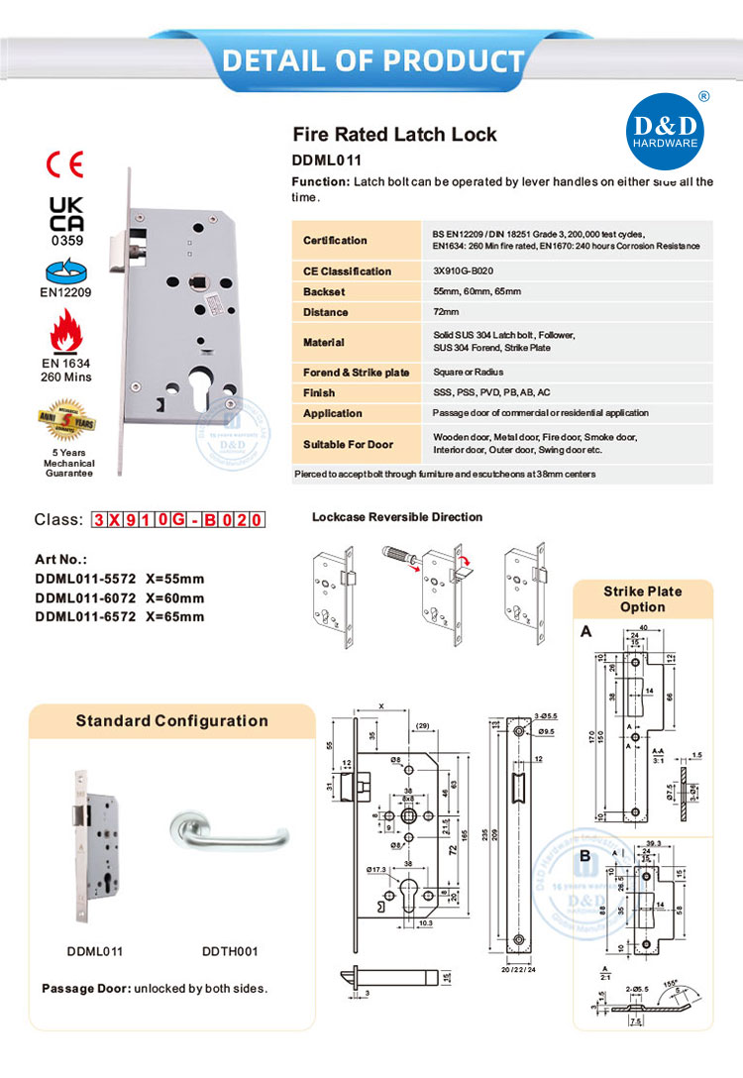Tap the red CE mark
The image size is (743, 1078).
pos(66,164)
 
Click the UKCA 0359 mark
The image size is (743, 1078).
pos(66,219)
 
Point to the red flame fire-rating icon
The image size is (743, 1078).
pos(66,335)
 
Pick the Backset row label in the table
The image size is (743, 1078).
pos(324,291)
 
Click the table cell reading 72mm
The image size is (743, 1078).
pos(447,312)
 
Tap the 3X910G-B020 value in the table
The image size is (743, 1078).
pos(463,270)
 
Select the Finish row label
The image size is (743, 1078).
pos(318,392)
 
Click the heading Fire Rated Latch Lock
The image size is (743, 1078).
pos(394,135)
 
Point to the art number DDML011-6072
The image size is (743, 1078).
pos(83,597)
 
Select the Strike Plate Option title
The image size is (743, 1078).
pos(642,598)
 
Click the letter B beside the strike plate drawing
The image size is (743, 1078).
pos(585,854)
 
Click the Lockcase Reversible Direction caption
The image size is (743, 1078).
pos(397,517)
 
